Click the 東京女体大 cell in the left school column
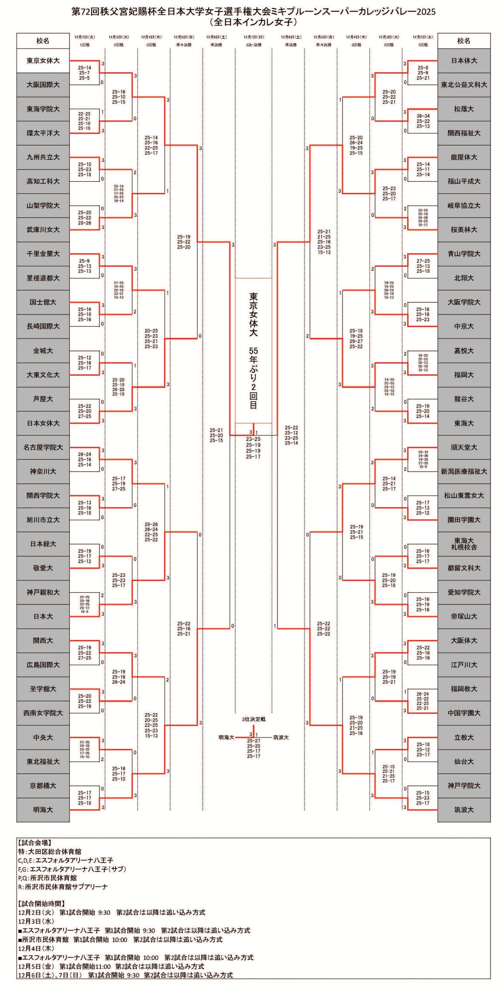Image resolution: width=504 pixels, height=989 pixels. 43,61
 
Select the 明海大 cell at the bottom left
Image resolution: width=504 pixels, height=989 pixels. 43,809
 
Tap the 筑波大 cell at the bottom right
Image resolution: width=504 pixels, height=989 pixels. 464,809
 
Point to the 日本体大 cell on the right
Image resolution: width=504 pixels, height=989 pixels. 464,61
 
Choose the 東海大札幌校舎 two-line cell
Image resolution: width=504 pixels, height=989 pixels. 464,544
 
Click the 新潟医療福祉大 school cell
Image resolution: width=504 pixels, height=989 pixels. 464,471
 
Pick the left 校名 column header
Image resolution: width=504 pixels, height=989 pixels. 43,41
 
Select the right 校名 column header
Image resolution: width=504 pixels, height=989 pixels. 464,41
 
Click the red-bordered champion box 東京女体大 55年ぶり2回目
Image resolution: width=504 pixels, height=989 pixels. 254,350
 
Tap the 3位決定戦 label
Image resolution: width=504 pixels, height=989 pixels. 254,719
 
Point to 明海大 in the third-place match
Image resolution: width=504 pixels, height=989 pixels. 226,737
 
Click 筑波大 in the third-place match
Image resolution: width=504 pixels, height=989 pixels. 281,737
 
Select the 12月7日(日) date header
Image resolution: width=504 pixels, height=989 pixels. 254,37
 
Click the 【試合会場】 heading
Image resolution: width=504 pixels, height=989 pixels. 35,843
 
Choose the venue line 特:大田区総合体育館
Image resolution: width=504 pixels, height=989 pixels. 49,851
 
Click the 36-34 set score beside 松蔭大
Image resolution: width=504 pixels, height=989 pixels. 423,116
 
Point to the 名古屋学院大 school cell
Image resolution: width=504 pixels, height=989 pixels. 43,447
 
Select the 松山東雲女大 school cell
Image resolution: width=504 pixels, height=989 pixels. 464,495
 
